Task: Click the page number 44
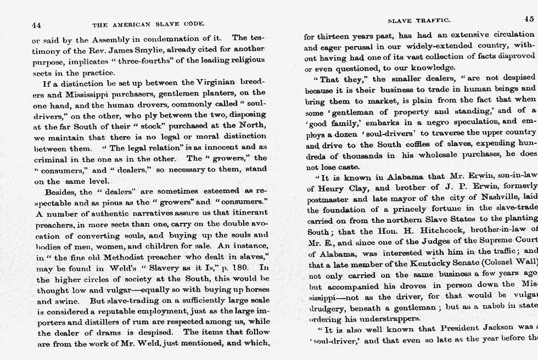pos(37,25)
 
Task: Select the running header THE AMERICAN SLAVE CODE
pos(148,25)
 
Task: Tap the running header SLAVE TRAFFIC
pos(419,20)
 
